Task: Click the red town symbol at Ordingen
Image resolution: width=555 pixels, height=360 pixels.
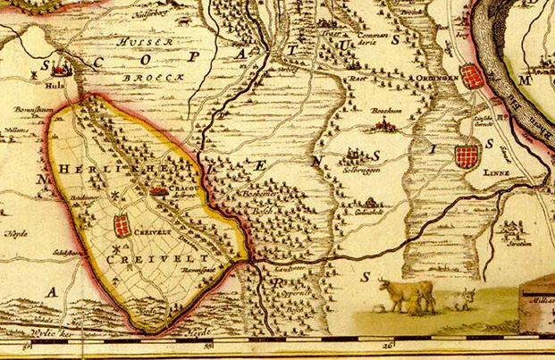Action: [474, 76]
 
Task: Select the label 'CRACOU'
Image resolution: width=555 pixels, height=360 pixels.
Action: [185, 190]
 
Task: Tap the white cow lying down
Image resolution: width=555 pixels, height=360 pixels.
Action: [460, 298]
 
